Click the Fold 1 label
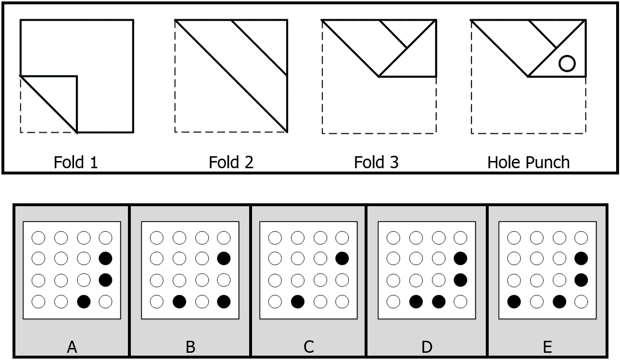[x=76, y=162]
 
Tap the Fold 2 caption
[x=231, y=162]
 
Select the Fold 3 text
[x=376, y=162]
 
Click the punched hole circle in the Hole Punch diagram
[x=567, y=63]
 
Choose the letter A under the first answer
[x=72, y=347]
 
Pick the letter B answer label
[x=190, y=347]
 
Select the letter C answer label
[x=309, y=347]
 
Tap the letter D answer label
[x=427, y=347]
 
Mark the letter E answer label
[x=547, y=347]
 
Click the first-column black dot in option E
[x=514, y=301]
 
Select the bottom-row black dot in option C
[x=297, y=301]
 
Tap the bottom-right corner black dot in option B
[x=224, y=301]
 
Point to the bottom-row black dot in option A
[x=83, y=301]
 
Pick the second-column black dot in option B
[x=179, y=301]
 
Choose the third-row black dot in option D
[x=460, y=279]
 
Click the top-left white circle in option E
[x=514, y=237]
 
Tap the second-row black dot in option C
[x=342, y=258]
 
